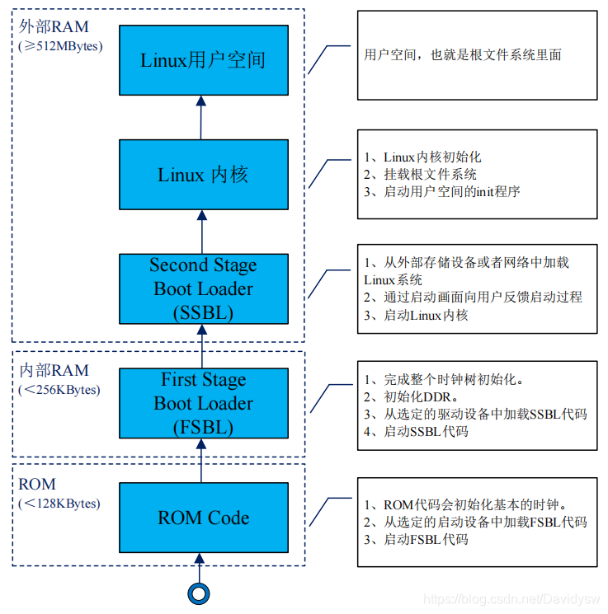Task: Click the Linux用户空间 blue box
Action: click(x=203, y=59)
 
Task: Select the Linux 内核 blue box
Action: click(x=203, y=175)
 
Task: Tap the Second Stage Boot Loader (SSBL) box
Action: click(x=203, y=288)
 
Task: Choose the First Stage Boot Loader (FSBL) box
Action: click(x=203, y=403)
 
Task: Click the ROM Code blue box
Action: click(x=203, y=518)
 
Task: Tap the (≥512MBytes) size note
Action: click(x=60, y=46)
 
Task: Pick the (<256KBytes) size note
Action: click(x=59, y=390)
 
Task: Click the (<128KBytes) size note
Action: click(x=59, y=503)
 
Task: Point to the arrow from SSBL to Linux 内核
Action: click(x=200, y=232)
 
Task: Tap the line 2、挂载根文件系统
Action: click(x=420, y=174)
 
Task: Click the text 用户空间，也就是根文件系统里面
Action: click(x=463, y=55)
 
